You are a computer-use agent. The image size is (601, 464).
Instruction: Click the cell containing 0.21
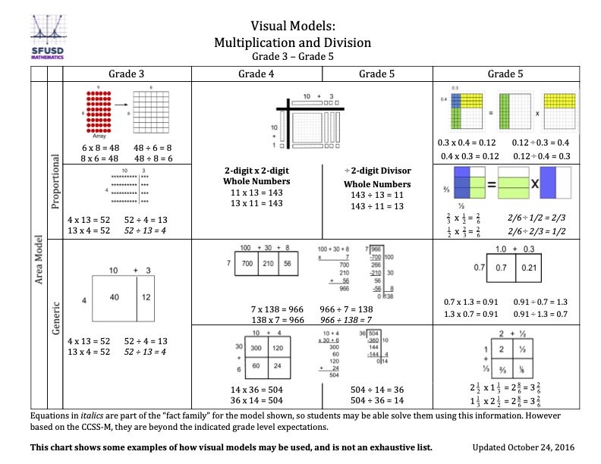(x=531, y=268)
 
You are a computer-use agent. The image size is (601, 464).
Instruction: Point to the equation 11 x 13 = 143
(x=256, y=193)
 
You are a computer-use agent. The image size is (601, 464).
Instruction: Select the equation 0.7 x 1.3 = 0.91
(x=469, y=303)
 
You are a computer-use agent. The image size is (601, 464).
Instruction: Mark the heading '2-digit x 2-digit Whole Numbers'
(x=256, y=177)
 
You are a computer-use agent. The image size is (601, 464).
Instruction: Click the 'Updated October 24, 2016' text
(x=524, y=448)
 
